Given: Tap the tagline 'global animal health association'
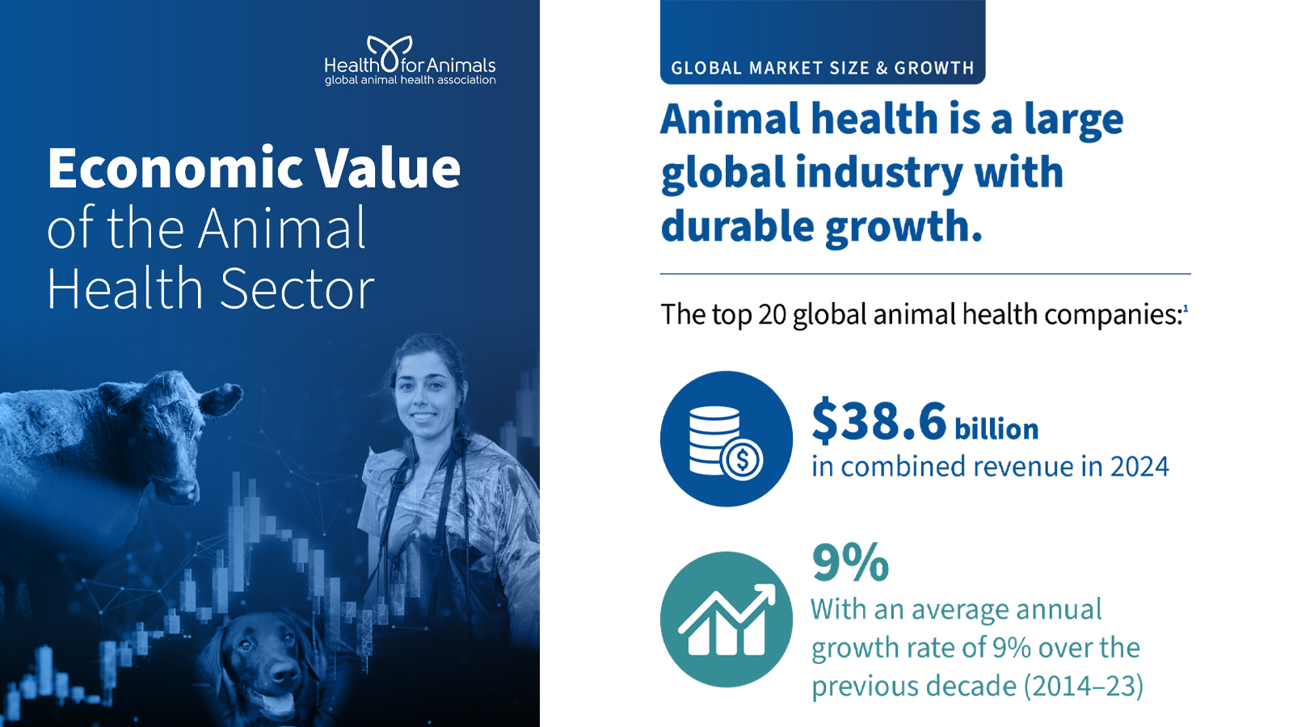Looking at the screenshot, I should coord(410,80).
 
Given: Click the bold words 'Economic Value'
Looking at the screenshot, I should coord(254,168).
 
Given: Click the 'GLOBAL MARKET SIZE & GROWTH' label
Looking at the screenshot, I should coord(823,68).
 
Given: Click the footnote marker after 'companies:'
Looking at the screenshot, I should coord(1186,309).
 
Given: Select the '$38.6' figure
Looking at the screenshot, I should coord(878,422).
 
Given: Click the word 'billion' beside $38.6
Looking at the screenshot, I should coord(996,429).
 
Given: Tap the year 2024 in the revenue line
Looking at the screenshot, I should coord(1139,467).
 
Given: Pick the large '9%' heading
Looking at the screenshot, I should coord(850,562).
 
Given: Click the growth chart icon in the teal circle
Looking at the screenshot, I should coord(726,620).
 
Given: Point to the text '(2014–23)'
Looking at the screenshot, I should coord(1084,686).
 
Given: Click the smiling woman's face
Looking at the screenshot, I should coord(424,396).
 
